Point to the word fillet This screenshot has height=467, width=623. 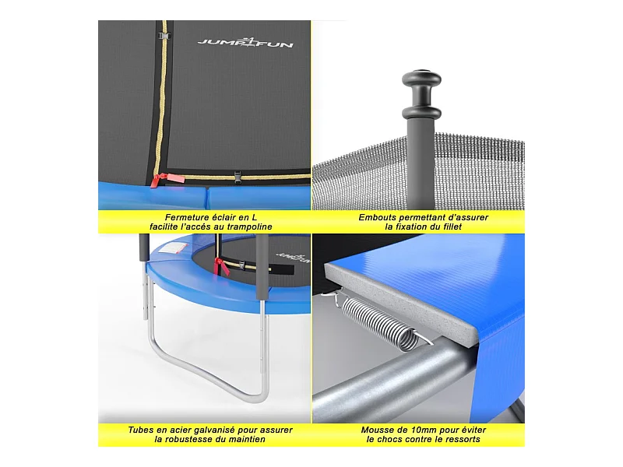pyautogui.click(x=452, y=226)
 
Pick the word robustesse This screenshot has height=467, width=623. pyautogui.click(x=192, y=439)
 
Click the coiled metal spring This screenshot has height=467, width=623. pyautogui.click(x=380, y=324)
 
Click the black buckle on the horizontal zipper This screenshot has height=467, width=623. pyautogui.click(x=238, y=177)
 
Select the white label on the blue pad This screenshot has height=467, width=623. pyautogui.click(x=172, y=249)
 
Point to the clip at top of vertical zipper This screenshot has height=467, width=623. pyautogui.click(x=164, y=36)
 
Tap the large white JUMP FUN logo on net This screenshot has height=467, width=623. pyautogui.click(x=245, y=42)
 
